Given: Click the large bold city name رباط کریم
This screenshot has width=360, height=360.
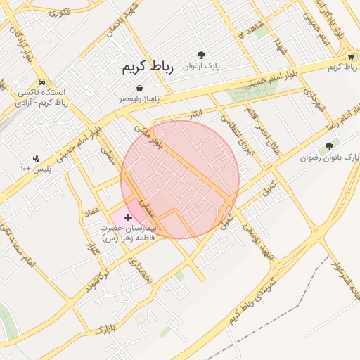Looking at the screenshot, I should coord(146,67).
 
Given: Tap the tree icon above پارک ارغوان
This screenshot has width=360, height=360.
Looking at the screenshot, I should coord(202,54).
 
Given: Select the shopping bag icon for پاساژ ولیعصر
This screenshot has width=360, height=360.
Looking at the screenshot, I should coord(141,89).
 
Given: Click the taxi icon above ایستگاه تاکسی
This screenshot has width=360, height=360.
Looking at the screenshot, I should coord(42,82).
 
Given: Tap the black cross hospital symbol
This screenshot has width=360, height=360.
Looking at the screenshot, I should coord(127,218).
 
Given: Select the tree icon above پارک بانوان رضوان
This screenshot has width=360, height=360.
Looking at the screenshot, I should coord(329,146).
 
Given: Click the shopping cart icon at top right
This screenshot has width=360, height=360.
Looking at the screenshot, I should coord(351,56).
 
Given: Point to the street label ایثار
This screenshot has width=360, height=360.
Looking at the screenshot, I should coord(196,112).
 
